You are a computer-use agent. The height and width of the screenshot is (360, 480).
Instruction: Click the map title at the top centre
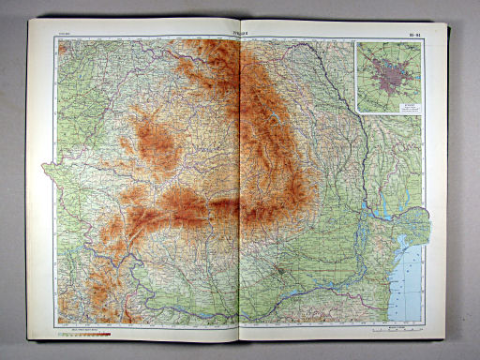pos(241,33)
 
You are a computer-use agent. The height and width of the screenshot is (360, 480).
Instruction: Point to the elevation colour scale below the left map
pos(83,331)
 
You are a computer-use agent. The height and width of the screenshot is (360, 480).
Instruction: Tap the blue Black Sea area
pos(412,281)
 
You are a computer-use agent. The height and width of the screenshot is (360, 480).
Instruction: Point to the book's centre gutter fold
pos(240,187)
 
